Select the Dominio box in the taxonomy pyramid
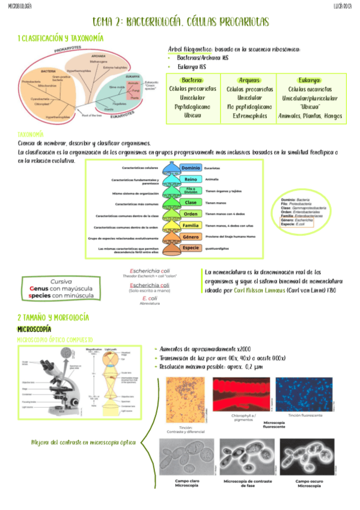click(191, 168)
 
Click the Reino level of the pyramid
click(191, 179)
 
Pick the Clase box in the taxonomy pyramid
click(191, 202)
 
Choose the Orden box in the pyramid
click(191, 214)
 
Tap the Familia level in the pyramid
click(191, 225)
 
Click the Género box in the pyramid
click(191, 236)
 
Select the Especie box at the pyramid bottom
click(191, 248)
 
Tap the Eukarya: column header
click(309, 81)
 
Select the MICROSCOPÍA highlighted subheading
click(34, 330)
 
